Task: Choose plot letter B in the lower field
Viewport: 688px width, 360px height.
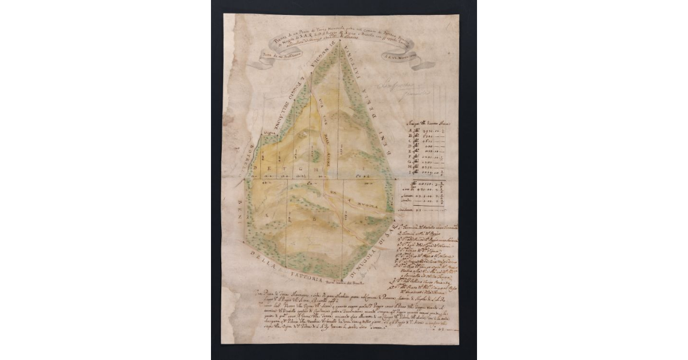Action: [x=314, y=220]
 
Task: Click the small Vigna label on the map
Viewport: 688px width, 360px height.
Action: [x=266, y=133]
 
